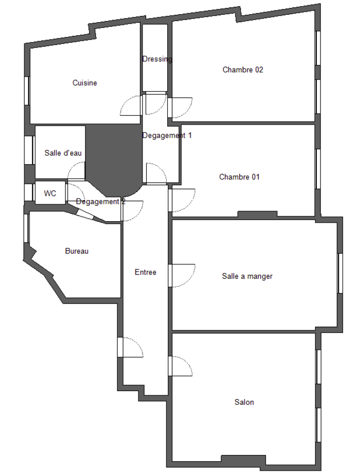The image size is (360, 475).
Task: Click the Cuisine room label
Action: [84, 83]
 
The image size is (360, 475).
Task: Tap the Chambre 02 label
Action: [243, 70]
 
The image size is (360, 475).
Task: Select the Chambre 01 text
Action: [239, 177]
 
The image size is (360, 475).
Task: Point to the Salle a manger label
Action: [247, 276]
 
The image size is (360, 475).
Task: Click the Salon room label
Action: [244, 402]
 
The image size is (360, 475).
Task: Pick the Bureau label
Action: [77, 251]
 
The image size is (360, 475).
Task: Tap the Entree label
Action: [146, 272]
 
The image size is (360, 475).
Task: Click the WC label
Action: [50, 193]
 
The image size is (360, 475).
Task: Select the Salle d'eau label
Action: [63, 153]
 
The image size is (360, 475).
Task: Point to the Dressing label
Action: [157, 59]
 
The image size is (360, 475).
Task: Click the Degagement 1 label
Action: [167, 136]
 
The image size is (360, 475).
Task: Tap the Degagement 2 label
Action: [101, 202]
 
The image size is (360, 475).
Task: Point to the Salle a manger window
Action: [340, 273]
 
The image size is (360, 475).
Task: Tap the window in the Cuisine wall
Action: [27, 91]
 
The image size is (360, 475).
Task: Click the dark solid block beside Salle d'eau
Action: [113, 159]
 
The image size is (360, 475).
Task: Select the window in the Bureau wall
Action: [26, 228]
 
